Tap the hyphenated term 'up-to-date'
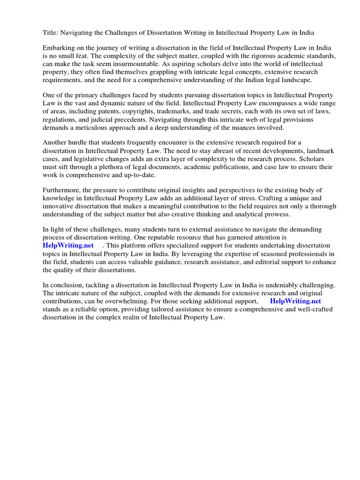pos(138,175)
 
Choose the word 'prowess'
pos(275,214)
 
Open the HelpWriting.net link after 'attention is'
pos(68,246)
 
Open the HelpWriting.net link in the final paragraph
pos(295,301)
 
